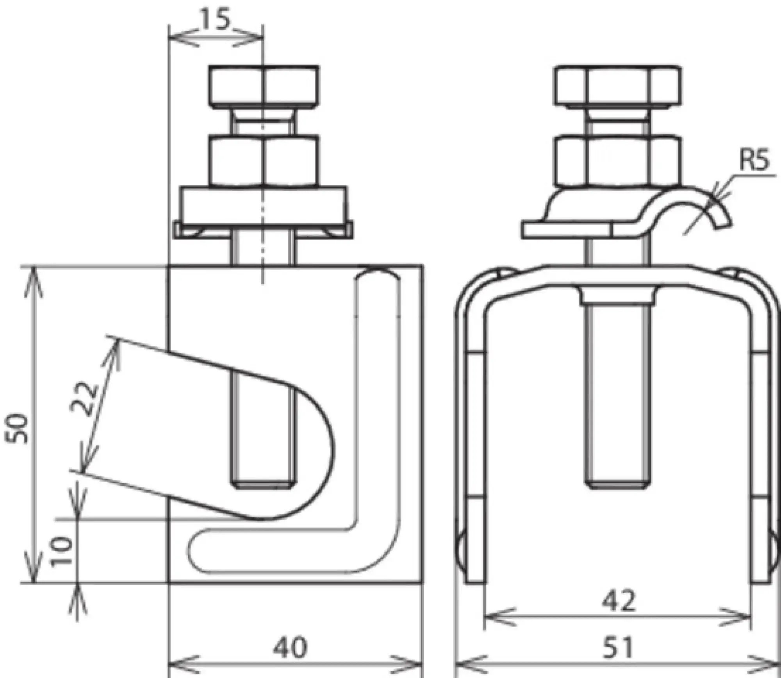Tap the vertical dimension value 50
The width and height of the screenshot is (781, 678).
point(18,428)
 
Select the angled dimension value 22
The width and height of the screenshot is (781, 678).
point(84,399)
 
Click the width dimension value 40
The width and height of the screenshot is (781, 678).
point(290,647)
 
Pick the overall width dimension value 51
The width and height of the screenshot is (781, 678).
point(617,647)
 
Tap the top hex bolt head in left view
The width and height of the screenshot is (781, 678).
point(264,86)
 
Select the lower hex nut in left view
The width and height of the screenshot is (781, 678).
point(264,160)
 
